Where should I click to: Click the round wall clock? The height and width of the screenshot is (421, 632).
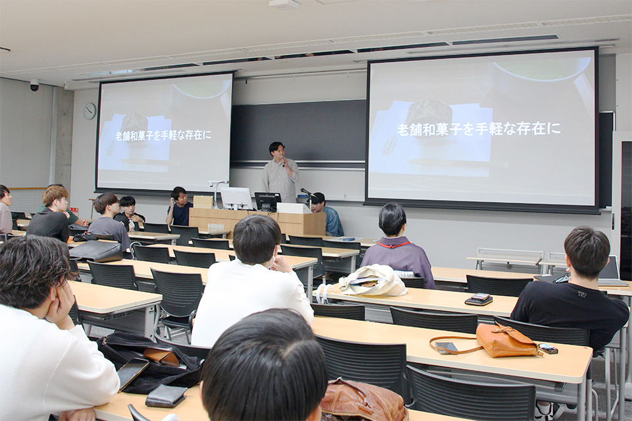[90, 111]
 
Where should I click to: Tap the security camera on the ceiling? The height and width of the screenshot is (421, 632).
[34, 85]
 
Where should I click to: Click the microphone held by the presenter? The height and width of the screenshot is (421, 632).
[284, 161]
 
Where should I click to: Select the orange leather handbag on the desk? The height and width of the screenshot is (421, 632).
[507, 341]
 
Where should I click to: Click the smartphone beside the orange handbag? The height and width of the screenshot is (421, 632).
[446, 347]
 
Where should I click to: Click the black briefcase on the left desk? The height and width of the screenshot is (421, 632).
[96, 251]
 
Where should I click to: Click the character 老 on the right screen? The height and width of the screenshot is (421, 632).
[404, 130]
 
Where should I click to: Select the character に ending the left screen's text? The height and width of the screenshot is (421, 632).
[207, 135]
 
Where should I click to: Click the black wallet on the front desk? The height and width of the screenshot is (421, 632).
[166, 395]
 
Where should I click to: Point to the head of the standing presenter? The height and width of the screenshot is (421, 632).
[278, 152]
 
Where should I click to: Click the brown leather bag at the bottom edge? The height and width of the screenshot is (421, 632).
[363, 401]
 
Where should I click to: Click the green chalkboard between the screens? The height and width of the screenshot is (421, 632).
[298, 131]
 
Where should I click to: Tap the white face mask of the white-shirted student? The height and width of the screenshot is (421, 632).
[276, 254]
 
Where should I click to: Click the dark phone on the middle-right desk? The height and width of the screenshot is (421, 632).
[479, 299]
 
